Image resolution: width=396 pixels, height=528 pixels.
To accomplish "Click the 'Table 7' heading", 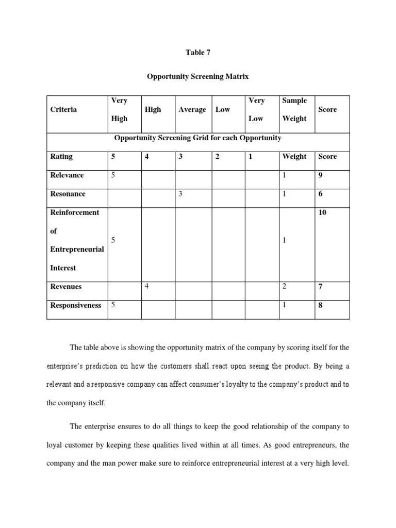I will tap(198, 53).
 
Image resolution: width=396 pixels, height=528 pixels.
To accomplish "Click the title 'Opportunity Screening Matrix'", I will tap(198, 76).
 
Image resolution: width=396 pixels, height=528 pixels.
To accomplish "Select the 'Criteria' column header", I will tap(63, 109).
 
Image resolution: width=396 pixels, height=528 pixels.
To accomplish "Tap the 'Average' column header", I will tap(192, 109).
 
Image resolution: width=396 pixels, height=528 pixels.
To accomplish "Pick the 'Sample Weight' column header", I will tap(294, 109).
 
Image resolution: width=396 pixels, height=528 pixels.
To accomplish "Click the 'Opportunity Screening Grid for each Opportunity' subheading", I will tap(197, 138).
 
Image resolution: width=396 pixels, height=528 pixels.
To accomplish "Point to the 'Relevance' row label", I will tap(67, 175).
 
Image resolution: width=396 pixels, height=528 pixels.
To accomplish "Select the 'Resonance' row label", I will tap(68, 194).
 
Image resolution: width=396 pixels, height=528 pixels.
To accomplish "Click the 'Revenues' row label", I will tap(65, 286).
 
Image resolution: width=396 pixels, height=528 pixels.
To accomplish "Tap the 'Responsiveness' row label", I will tap(76, 305).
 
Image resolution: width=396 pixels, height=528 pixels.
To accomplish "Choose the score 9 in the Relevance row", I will tap(321, 175).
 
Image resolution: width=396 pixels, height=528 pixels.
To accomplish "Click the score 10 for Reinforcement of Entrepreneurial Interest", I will tap(323, 212).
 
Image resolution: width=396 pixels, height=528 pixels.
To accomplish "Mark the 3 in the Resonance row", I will tap(180, 194).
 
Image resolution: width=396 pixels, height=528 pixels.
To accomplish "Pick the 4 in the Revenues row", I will tap(147, 287).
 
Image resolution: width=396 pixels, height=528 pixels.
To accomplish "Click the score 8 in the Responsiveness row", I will tap(321, 305).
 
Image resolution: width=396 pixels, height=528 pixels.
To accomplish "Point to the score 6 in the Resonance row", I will tap(321, 194).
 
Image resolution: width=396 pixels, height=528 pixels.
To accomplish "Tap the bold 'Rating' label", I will tap(61, 156).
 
